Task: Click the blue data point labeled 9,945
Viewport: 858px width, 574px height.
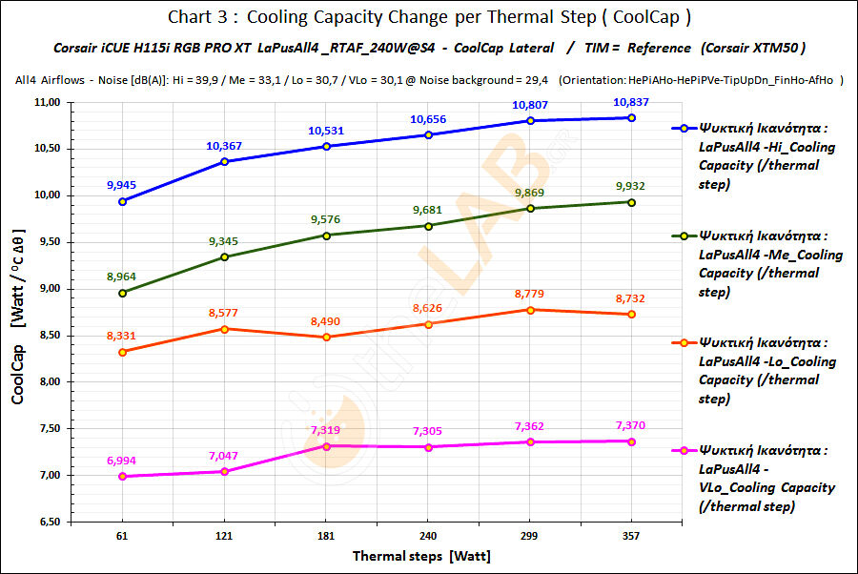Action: (122, 201)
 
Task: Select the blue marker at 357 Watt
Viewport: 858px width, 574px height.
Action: (631, 117)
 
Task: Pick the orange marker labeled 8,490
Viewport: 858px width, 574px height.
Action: (326, 337)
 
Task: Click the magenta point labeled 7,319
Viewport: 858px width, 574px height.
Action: (326, 446)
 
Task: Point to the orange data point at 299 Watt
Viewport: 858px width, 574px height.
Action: (530, 309)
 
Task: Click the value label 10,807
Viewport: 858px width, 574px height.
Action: (530, 104)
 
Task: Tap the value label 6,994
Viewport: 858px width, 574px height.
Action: (122, 461)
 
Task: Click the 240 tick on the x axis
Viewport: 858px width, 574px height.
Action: (428, 537)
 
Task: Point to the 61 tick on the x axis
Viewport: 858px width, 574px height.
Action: (122, 537)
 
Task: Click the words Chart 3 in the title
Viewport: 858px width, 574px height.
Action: (195, 17)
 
